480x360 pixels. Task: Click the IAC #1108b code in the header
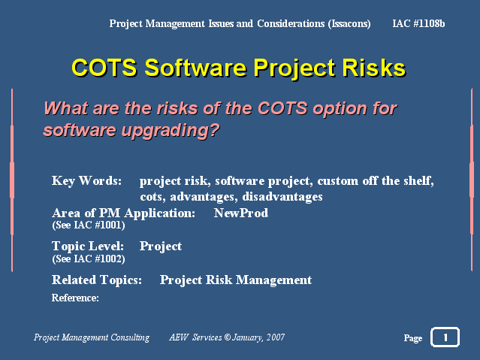pyautogui.click(x=418, y=23)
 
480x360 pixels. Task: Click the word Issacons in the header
pyautogui.click(x=349, y=23)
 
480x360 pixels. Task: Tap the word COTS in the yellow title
pyautogui.click(x=104, y=68)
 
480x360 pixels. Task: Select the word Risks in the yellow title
pyautogui.click(x=374, y=68)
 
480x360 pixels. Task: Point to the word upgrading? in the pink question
pyautogui.click(x=171, y=131)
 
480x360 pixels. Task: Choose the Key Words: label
pyautogui.click(x=86, y=181)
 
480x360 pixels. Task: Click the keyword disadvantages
pyautogui.click(x=282, y=197)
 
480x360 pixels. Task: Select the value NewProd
pyautogui.click(x=241, y=213)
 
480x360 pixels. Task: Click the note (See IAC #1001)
pyautogui.click(x=89, y=225)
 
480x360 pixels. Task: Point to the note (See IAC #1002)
pyautogui.click(x=89, y=259)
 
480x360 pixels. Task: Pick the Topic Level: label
pyautogui.click(x=88, y=246)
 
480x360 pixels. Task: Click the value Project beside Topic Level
pyautogui.click(x=161, y=247)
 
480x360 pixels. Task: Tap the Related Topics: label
pyautogui.click(x=97, y=280)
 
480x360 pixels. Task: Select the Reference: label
pyautogui.click(x=75, y=298)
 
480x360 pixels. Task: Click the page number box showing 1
pyautogui.click(x=445, y=337)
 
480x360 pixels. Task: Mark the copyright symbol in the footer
pyautogui.click(x=227, y=337)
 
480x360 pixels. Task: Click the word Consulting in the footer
pyautogui.click(x=130, y=337)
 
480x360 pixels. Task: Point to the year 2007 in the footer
pyautogui.click(x=276, y=337)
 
